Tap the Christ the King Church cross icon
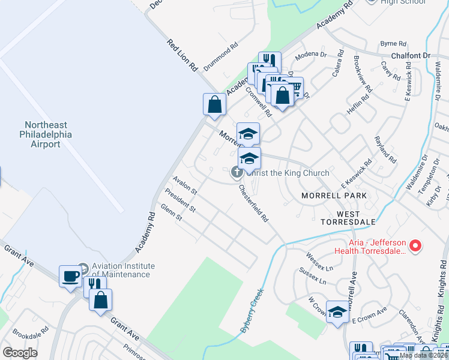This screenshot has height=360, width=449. click(x=237, y=173)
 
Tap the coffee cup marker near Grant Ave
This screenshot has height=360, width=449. click(x=71, y=277)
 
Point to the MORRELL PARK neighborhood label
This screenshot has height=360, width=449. click(x=334, y=196)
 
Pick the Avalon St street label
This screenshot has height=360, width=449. click(x=185, y=185)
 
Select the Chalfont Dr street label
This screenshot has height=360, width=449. click(x=411, y=55)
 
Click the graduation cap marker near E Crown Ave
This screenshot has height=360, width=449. click(x=338, y=312)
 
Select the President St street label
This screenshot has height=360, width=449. click(x=180, y=200)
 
